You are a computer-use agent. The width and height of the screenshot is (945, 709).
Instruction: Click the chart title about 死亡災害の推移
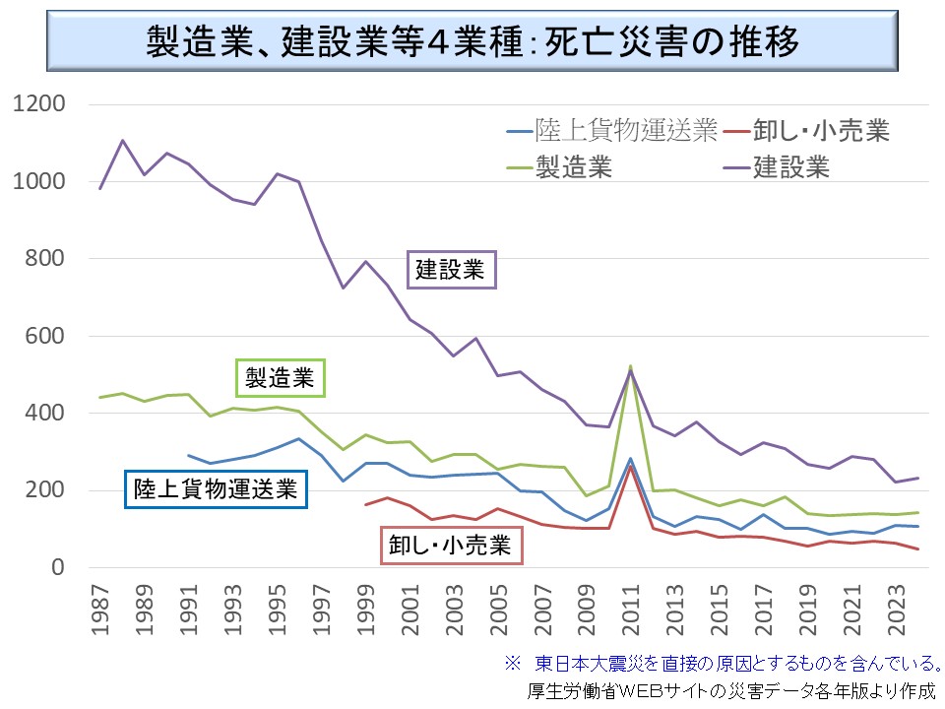point(472,41)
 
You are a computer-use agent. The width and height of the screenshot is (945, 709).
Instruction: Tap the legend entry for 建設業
point(791,167)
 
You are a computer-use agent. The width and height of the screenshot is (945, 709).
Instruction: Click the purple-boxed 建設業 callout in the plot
point(450,270)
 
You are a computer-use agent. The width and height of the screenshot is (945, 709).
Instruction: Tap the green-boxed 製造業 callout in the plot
point(281,377)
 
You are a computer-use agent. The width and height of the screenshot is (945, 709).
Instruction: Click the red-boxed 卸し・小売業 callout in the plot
point(452,545)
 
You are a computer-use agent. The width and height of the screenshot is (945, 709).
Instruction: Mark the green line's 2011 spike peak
point(631,366)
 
